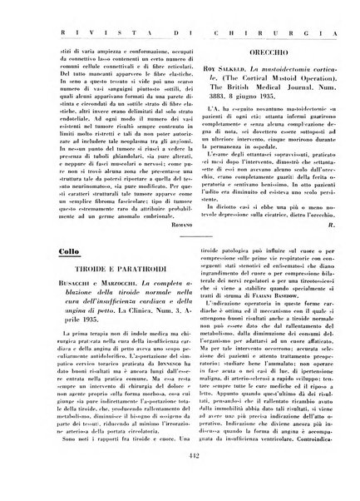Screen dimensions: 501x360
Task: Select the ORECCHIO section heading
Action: [259, 56]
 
